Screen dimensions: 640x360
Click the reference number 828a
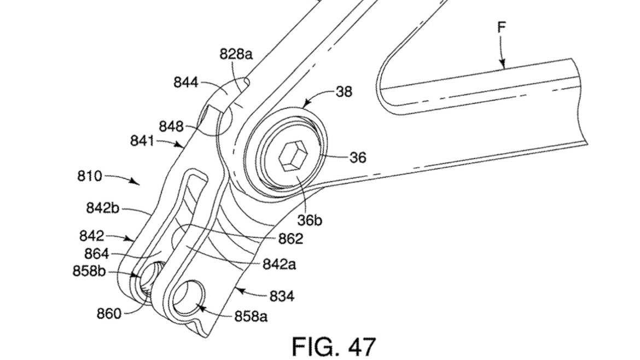[236, 54]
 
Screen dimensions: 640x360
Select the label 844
[186, 83]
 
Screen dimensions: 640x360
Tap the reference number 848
[171, 126]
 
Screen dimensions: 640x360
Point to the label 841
[142, 141]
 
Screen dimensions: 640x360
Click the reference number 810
[89, 176]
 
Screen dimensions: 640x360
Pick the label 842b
[102, 208]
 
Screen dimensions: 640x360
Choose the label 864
[97, 254]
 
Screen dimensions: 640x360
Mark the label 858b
[89, 271]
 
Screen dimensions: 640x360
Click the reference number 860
[109, 314]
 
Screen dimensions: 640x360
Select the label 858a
[251, 316]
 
